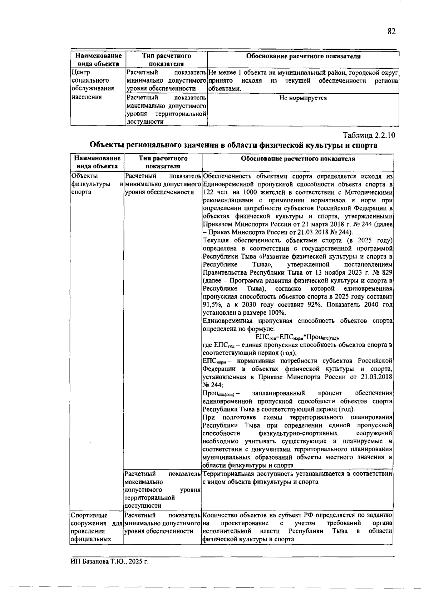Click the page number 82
coord(391,31)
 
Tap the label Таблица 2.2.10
coord(369,136)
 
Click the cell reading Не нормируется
coord(303,98)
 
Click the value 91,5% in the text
coord(211,305)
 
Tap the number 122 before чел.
coord(208,192)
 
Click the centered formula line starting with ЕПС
coord(297,337)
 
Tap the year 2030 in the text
coord(251,305)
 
